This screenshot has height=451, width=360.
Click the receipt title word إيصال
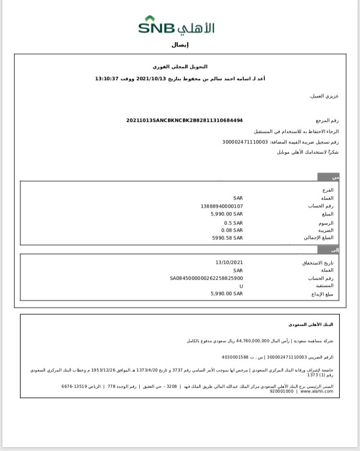tap(180, 45)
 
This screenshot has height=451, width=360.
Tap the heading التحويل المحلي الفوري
tap(180, 66)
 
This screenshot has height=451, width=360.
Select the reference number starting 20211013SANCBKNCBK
tap(184, 120)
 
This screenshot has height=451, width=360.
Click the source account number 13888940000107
tap(222, 206)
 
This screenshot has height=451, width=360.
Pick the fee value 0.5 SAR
tap(233, 223)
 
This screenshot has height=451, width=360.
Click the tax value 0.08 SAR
tap(233, 230)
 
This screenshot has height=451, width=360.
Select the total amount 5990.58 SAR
tap(227, 237)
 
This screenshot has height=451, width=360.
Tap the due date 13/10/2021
tap(229, 262)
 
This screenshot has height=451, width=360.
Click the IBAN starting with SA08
tap(206, 278)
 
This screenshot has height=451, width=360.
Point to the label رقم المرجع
tap(327, 121)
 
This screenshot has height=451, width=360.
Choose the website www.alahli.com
tap(317, 391)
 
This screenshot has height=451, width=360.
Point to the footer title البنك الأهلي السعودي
tap(311, 324)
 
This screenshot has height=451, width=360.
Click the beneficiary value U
tap(241, 286)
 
